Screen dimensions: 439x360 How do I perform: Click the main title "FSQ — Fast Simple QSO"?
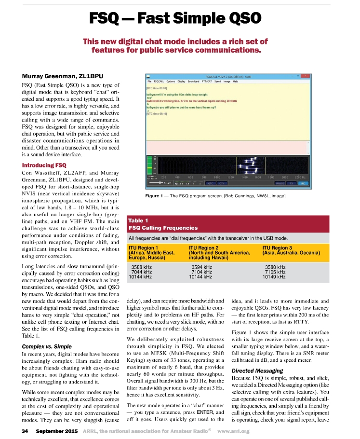point(176,19)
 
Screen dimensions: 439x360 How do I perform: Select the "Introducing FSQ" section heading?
point(44,165)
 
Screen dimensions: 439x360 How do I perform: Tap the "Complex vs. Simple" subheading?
point(47,346)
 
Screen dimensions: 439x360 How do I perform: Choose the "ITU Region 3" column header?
point(278,247)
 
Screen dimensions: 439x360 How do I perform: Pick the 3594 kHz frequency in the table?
point(201,267)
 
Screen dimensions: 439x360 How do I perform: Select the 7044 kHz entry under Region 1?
point(142,272)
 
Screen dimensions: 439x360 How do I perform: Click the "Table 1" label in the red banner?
point(138,220)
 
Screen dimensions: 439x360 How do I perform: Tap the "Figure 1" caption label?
point(157,195)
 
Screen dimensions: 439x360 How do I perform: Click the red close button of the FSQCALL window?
point(305,76)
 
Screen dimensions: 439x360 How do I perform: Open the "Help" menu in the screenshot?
point(236,82)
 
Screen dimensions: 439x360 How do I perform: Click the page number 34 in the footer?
point(25,430)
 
